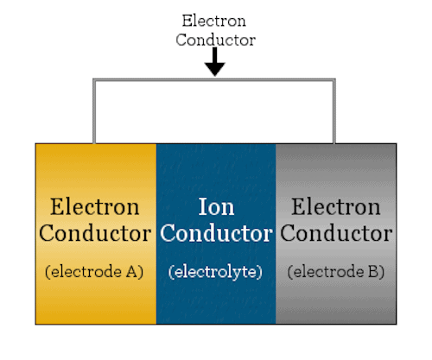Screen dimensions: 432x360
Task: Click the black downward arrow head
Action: pyautogui.click(x=215, y=69)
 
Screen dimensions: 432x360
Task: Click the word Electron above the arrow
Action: pyautogui.click(x=214, y=21)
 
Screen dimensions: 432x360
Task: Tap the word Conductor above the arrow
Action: pyautogui.click(x=216, y=40)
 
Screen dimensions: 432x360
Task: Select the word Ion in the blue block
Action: pyautogui.click(x=216, y=206)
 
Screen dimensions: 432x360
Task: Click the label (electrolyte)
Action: pyautogui.click(x=215, y=272)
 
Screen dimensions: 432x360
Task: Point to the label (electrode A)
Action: pyautogui.click(x=94, y=272)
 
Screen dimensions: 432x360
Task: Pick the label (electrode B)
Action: pyautogui.click(x=336, y=272)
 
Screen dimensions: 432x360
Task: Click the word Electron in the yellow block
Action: pyautogui.click(x=95, y=206)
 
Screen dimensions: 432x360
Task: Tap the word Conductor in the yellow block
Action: pyautogui.click(x=95, y=233)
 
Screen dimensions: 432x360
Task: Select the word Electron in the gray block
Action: pyautogui.click(x=336, y=206)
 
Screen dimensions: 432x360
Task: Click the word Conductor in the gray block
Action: pyautogui.click(x=336, y=233)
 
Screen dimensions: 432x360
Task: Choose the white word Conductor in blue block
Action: pyautogui.click(x=216, y=233)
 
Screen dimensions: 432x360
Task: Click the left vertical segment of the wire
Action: pyautogui.click(x=94, y=111)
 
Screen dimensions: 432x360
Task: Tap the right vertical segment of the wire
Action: pyautogui.click(x=334, y=111)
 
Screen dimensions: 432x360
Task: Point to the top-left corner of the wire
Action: pyautogui.click(x=94, y=79)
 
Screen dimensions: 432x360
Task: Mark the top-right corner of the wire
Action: pyautogui.click(x=334, y=79)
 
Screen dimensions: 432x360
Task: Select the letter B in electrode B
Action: pyautogui.click(x=373, y=272)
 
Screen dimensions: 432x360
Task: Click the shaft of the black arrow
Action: pyautogui.click(x=215, y=55)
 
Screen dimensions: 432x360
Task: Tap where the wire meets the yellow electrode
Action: pyautogui.click(x=94, y=143)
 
